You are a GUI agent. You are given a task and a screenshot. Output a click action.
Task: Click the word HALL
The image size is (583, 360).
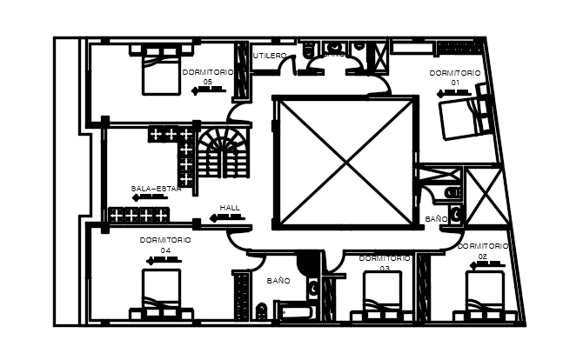(230, 208)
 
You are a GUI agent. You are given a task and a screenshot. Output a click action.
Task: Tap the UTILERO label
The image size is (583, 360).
(270, 56)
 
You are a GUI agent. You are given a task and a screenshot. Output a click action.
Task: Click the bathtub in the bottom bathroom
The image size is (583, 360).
(295, 312)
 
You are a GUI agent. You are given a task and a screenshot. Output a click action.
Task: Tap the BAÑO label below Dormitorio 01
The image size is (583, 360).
(437, 219)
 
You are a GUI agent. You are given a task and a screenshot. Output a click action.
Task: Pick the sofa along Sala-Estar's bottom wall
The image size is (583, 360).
(137, 215)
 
